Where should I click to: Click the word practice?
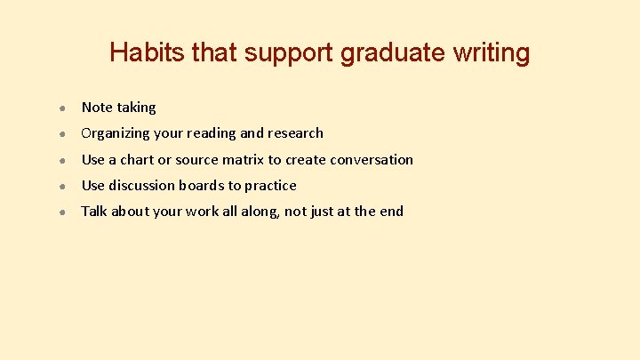tap(270, 186)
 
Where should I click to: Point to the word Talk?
tap(95, 212)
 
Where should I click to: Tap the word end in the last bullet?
tap(390, 212)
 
